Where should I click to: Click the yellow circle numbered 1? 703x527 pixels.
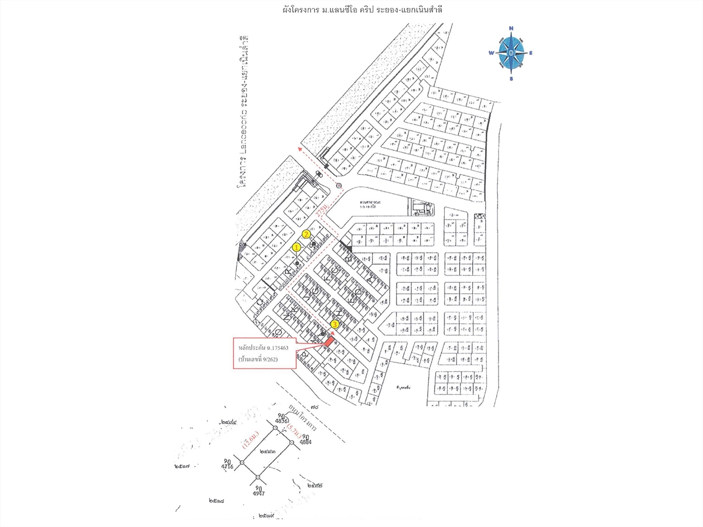click(296, 248)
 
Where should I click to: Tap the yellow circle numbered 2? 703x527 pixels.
click(306, 234)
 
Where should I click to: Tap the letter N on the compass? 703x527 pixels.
click(511, 28)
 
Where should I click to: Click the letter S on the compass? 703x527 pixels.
click(511, 78)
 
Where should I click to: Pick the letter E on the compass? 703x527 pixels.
click(531, 53)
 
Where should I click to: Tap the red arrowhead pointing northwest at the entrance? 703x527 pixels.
click(299, 150)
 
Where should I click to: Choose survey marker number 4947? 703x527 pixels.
click(258, 490)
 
